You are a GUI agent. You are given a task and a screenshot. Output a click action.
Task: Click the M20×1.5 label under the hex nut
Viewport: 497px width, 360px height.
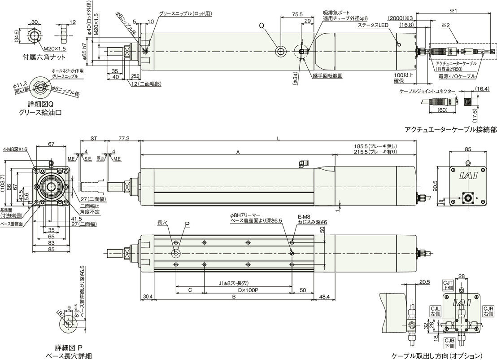pyautogui.click(x=55, y=48)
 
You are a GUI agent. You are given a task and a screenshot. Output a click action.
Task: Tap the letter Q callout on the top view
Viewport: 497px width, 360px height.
pyautogui.click(x=262, y=26)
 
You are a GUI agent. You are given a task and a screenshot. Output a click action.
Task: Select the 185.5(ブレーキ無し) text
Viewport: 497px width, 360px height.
pyautogui.click(x=376, y=147)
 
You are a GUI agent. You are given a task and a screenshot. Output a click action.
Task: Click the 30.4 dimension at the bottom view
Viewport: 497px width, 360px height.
pyautogui.click(x=148, y=297)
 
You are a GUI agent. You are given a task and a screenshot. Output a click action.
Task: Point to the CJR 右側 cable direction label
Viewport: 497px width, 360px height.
pyautogui.click(x=488, y=311)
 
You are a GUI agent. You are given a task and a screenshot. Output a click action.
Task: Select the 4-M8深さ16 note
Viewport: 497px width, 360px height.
pyautogui.click(x=15, y=149)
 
